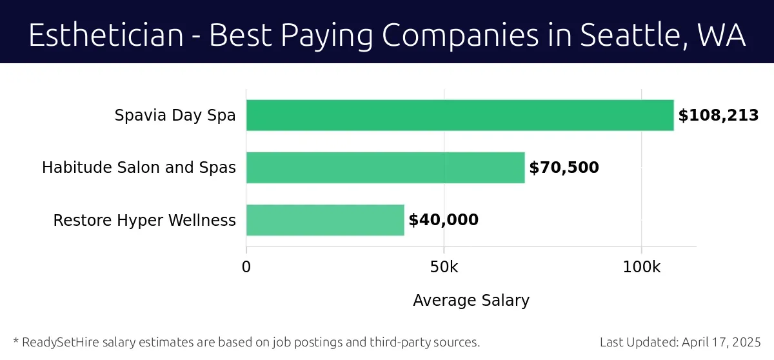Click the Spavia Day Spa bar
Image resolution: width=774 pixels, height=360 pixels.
pos(460,115)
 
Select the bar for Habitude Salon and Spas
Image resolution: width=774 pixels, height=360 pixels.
pos(385,168)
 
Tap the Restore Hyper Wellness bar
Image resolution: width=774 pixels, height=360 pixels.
pos(325,220)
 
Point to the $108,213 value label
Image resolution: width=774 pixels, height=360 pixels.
pos(718,116)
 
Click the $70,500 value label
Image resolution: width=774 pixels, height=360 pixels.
pos(564,168)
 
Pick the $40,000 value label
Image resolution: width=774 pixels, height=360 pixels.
pos(444,221)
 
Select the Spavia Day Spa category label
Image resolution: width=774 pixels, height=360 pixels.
pos(175,116)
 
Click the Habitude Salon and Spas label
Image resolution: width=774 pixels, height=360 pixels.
pos(139,168)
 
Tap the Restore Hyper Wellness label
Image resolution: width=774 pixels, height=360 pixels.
pos(144,221)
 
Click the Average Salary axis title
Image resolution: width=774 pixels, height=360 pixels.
pos(471,301)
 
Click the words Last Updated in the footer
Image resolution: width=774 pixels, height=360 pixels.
pos(639,342)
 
